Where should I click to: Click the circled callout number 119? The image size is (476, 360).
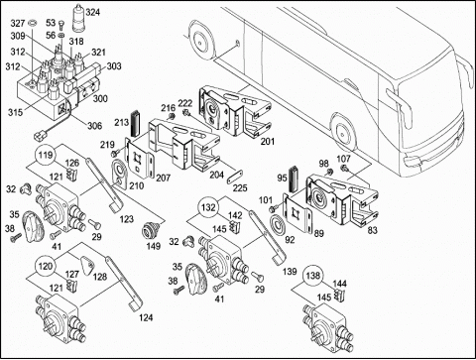(x=46, y=155)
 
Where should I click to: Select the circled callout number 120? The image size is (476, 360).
(x=46, y=266)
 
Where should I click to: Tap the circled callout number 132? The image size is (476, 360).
(x=208, y=207)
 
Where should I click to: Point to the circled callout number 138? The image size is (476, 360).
(x=313, y=276)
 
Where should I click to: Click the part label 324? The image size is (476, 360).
(x=92, y=12)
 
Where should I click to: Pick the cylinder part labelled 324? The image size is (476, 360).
(x=79, y=19)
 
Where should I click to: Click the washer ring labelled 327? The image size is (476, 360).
(x=32, y=23)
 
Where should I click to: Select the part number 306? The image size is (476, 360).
(x=94, y=126)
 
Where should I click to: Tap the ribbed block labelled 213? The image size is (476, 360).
(x=135, y=123)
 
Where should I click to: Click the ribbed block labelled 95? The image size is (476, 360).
(x=294, y=180)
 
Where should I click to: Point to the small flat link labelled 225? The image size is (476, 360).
(x=235, y=177)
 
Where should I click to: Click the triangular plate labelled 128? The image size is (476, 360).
(x=87, y=266)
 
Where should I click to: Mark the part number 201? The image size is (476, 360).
(x=268, y=142)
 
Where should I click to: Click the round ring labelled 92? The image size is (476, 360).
(x=279, y=225)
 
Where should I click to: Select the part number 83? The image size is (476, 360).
(x=373, y=230)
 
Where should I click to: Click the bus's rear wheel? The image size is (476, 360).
(x=200, y=42)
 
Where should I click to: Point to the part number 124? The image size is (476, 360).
(x=146, y=318)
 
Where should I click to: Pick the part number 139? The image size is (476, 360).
(x=290, y=272)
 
